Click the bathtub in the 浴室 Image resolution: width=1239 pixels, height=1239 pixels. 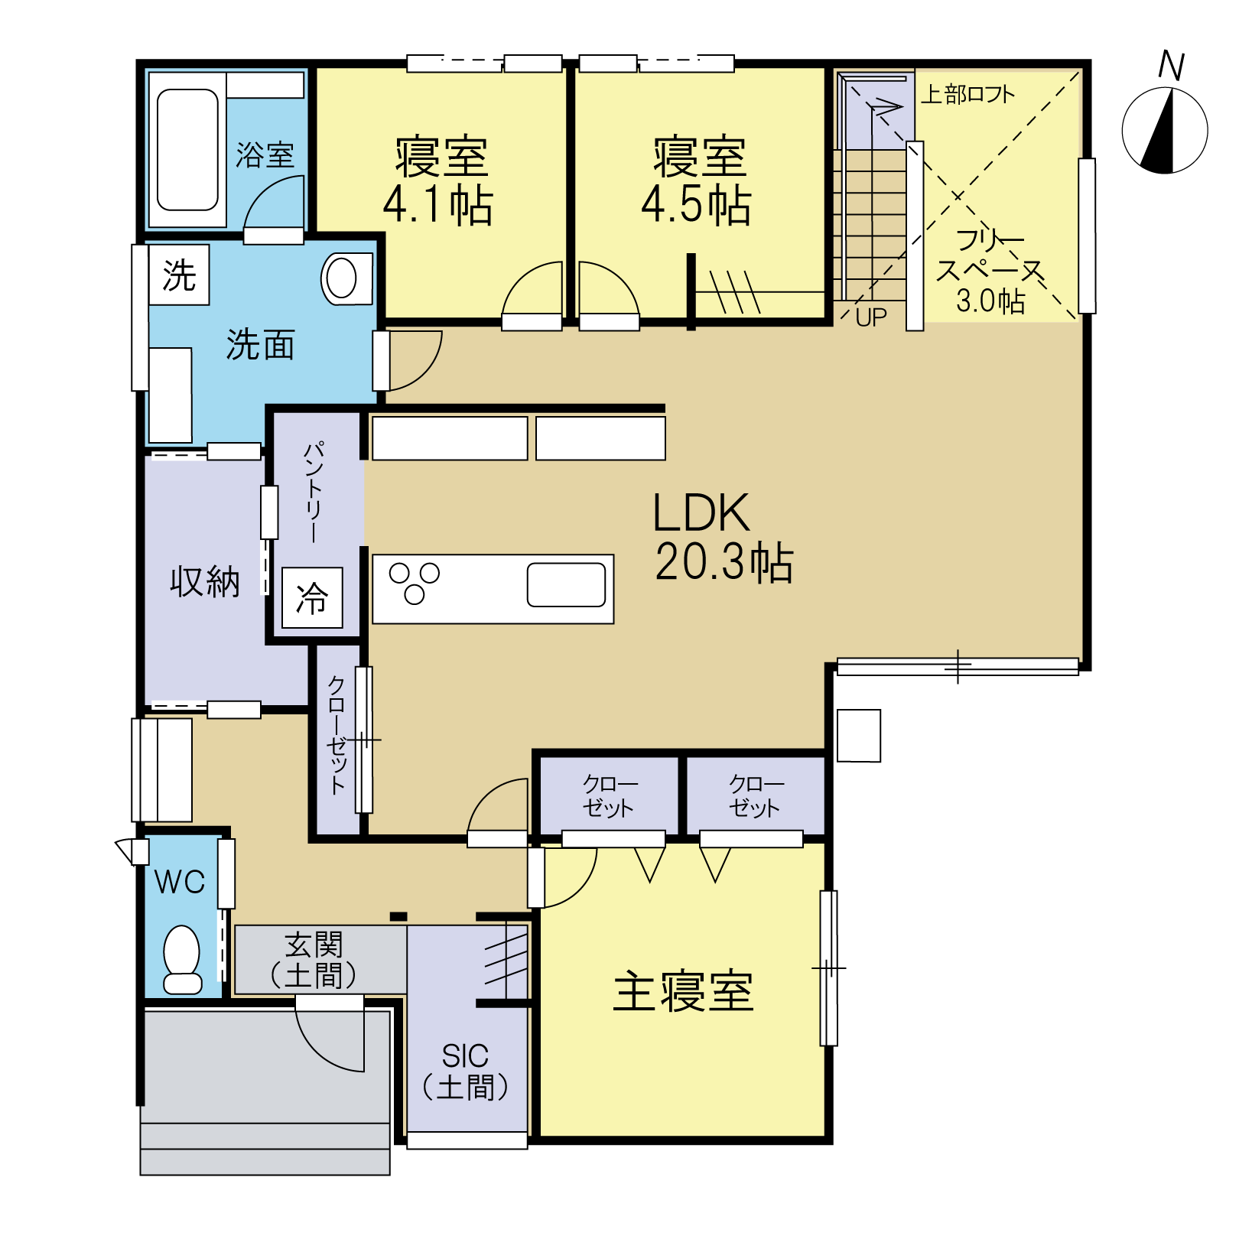(187, 150)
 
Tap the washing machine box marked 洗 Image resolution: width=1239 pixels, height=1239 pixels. (179, 275)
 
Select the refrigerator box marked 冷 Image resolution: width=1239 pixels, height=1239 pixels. (312, 597)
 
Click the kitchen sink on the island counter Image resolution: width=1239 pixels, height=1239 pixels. (566, 585)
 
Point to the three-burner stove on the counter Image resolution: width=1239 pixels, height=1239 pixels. (415, 583)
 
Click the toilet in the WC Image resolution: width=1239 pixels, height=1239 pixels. (182, 960)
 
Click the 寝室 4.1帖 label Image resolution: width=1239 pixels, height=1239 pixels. (439, 182)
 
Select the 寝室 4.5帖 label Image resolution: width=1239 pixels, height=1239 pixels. (697, 182)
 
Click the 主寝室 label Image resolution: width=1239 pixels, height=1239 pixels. (684, 991)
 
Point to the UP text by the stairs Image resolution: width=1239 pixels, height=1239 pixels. (871, 317)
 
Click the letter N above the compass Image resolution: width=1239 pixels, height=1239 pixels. (1171, 66)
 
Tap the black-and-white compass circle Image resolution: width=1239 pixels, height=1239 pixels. (1165, 131)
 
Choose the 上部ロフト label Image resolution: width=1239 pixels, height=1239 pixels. (967, 94)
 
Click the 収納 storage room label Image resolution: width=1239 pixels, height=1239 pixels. (205, 582)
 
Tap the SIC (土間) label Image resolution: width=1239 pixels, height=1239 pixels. (466, 1072)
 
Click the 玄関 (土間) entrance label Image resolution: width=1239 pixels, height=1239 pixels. (314, 961)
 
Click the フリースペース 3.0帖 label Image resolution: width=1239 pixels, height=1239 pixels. (990, 271)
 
